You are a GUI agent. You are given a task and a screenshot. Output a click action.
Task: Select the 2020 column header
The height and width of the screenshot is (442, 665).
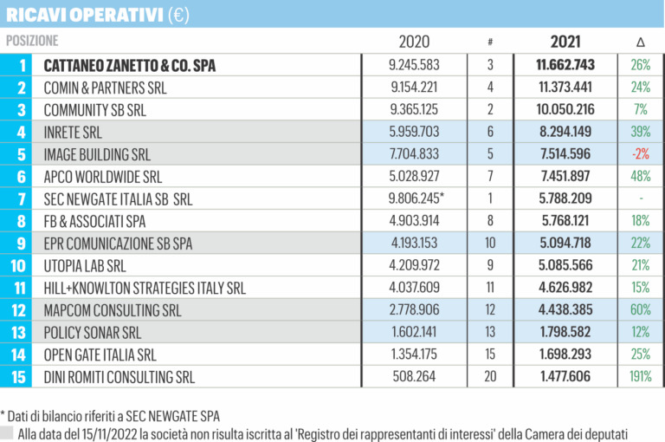tap(414, 42)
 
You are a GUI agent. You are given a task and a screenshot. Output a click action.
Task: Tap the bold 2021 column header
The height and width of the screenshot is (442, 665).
tap(565, 42)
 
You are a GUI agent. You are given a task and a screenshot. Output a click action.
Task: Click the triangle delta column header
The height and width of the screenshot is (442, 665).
tap(640, 42)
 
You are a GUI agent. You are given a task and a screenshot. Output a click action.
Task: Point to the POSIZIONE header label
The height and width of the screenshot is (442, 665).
tap(32, 41)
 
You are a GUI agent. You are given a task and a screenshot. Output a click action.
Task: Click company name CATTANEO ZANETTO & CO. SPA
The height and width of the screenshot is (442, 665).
tap(130, 65)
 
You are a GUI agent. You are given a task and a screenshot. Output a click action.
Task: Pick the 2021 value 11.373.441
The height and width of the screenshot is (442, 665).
tap(566, 88)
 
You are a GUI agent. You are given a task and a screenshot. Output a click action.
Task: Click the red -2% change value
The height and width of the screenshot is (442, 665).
tap(640, 154)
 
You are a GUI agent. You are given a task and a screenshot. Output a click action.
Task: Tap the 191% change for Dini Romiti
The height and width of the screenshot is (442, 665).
tap(640, 377)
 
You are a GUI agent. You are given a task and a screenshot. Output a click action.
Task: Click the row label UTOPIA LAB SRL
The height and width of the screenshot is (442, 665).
tap(85, 265)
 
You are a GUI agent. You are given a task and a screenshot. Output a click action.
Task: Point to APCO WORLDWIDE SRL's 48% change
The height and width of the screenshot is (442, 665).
tap(640, 177)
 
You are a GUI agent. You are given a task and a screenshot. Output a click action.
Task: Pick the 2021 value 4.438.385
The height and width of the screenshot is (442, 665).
tap(566, 310)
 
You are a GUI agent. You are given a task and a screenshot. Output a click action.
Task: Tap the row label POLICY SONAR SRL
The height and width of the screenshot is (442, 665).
tap(92, 332)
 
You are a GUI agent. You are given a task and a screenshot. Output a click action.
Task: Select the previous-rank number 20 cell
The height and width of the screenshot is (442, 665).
tap(490, 377)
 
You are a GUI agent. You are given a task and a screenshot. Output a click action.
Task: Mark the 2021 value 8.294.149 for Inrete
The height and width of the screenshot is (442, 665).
tap(566, 132)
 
